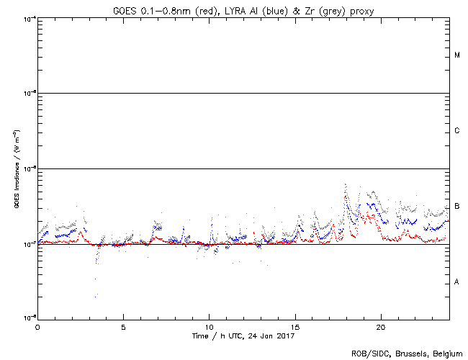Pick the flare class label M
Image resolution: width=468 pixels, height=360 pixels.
pyautogui.click(x=457, y=55)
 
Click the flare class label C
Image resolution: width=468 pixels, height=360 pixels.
pyautogui.click(x=457, y=131)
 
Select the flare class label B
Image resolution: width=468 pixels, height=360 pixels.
pyautogui.click(x=457, y=207)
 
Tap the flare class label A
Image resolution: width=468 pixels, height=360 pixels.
pyautogui.click(x=457, y=282)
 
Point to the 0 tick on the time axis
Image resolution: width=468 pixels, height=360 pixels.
pyautogui.click(x=37, y=326)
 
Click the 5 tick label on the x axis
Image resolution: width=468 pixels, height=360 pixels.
pyautogui.click(x=123, y=326)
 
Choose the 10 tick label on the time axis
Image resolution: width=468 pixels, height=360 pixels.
pyautogui.click(x=209, y=326)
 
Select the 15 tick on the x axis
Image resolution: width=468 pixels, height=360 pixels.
pyautogui.click(x=294, y=326)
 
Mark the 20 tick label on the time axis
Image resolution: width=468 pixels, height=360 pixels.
pyautogui.click(x=380, y=326)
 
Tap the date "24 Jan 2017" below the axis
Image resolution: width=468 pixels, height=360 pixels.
pyautogui.click(x=272, y=336)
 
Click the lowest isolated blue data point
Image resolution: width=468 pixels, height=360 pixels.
pyautogui.click(x=96, y=296)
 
